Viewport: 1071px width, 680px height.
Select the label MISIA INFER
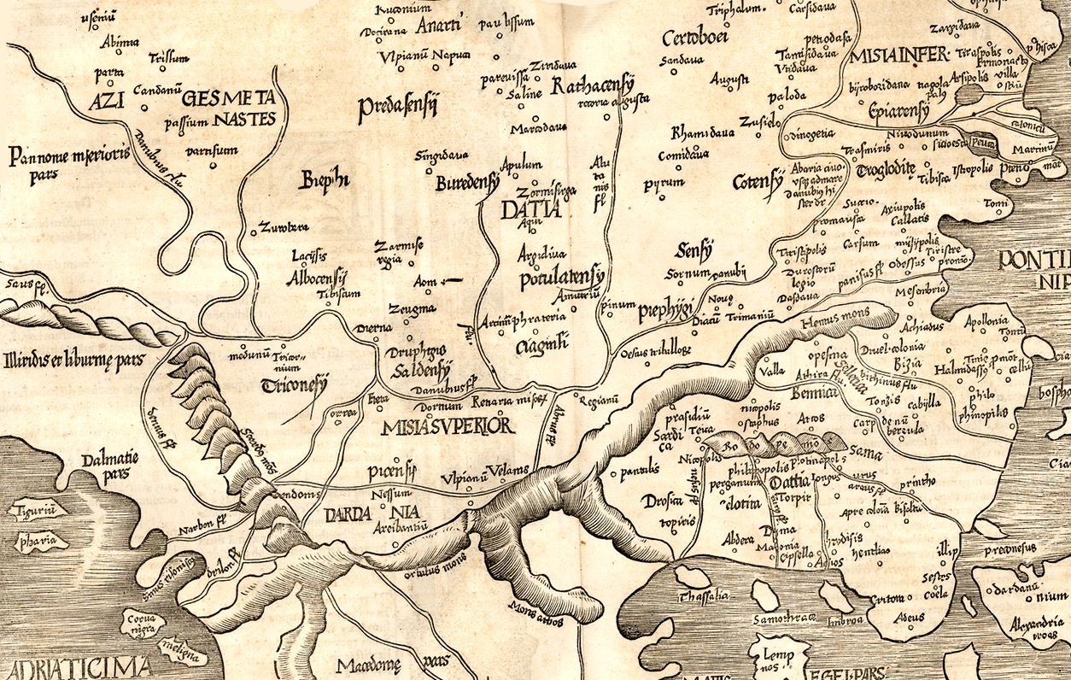(898, 56)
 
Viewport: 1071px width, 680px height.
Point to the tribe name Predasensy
(398, 107)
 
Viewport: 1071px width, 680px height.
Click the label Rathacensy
(593, 86)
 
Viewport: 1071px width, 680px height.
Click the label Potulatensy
(561, 278)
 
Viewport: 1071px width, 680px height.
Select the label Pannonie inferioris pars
(68, 163)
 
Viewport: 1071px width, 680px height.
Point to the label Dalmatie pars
(110, 466)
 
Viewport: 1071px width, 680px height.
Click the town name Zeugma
(412, 308)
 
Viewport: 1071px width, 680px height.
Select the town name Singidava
(442, 156)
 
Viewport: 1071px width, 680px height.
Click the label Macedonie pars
(393, 664)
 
